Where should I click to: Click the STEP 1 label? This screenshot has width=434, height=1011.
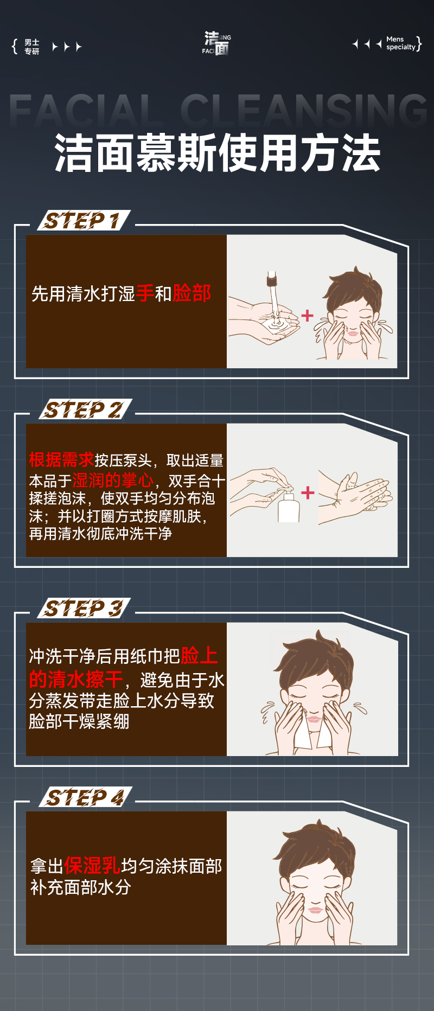tap(84, 220)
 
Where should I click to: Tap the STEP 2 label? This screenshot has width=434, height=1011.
tap(85, 409)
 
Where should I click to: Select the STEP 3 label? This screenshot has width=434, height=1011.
tap(84, 608)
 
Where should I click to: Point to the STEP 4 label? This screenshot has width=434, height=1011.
tap(85, 797)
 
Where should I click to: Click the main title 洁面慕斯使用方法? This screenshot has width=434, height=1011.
tap(217, 153)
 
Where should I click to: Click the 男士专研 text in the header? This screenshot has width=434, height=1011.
tap(32, 47)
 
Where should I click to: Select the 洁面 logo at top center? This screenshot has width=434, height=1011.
tap(217, 43)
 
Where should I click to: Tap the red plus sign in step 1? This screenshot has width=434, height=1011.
tap(308, 316)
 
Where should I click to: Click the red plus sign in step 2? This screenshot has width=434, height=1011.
tap(308, 492)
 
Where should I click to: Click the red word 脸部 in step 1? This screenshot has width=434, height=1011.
tap(192, 293)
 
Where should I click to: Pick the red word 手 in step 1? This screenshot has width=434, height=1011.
tap(145, 293)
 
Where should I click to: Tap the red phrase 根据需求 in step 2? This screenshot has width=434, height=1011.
tap(61, 459)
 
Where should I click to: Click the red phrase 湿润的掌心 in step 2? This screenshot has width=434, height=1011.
tap(113, 480)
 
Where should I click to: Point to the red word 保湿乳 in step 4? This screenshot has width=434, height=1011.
tap(92, 865)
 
